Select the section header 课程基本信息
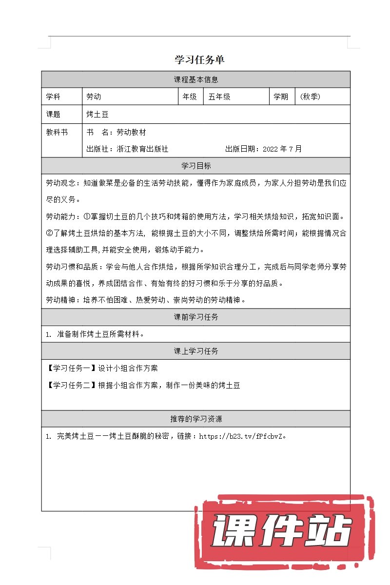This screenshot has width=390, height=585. [x=196, y=79]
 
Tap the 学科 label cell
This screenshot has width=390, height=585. [x=62, y=97]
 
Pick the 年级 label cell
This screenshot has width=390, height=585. [x=190, y=97]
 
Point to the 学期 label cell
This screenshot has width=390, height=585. [x=281, y=97]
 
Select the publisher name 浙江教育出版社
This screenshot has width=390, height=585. [x=142, y=149]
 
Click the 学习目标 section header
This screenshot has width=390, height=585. [x=196, y=166]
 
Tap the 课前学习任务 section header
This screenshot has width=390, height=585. [x=196, y=317]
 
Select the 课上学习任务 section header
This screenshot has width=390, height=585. [x=196, y=351]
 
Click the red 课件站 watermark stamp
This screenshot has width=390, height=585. [x=283, y=531]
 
